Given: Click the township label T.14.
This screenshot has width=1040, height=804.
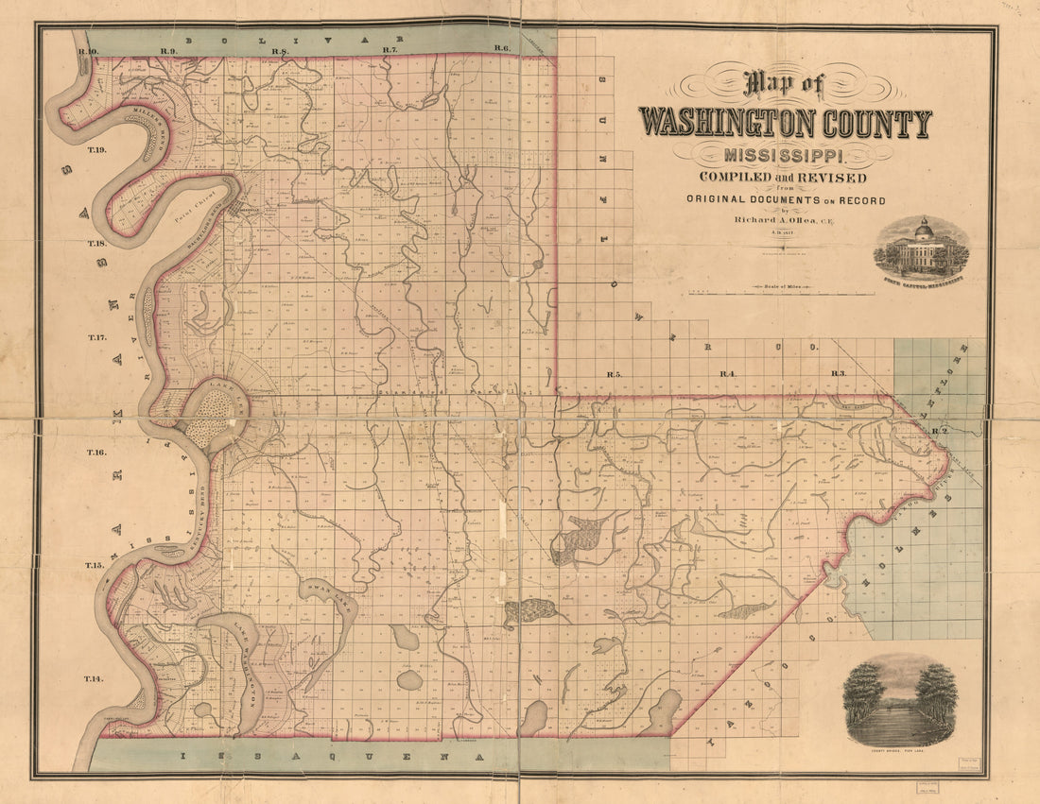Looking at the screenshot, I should click(93, 679).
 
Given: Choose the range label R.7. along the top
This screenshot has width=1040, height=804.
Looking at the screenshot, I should click(390, 49).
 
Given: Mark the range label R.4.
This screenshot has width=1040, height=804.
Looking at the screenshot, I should click(728, 375).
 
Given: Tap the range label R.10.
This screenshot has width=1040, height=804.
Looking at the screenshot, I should click(90, 49).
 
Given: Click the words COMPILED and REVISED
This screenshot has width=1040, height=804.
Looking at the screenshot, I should click(782, 179).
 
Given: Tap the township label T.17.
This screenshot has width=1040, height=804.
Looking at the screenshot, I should click(98, 337).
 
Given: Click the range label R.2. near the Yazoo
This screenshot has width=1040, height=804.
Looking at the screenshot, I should click(938, 432).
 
